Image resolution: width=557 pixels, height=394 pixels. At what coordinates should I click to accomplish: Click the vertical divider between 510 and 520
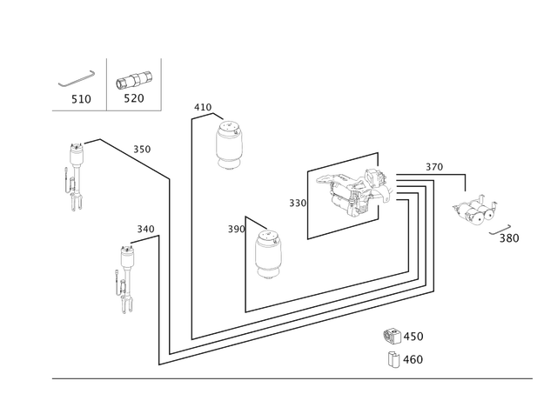coord(105,83)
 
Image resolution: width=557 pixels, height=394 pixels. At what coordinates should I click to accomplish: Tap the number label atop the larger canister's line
coord(203,107)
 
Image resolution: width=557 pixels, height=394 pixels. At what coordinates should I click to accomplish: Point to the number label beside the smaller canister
coord(235,230)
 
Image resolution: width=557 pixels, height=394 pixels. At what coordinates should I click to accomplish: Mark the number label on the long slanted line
coord(142,149)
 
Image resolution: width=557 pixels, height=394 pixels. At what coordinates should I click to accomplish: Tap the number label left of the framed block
coord(296,202)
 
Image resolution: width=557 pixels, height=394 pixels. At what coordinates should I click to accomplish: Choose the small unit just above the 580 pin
coord(475,210)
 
